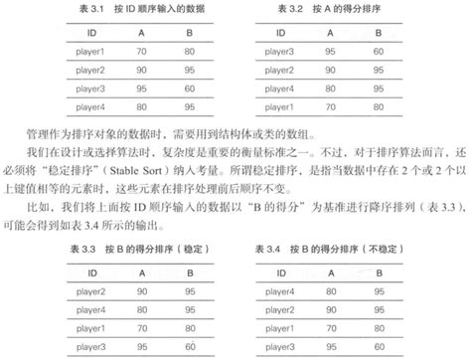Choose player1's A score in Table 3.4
[x=349, y=327]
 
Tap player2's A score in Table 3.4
[x=349, y=308]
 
